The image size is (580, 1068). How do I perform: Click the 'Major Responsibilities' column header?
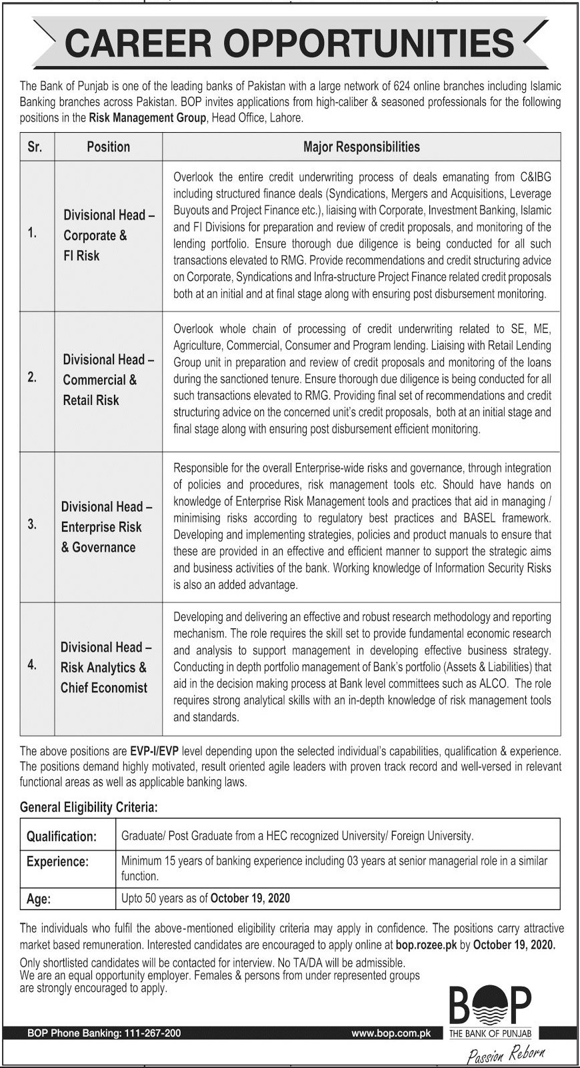pyautogui.click(x=361, y=147)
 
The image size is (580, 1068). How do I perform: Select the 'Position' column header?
pyautogui.click(x=108, y=147)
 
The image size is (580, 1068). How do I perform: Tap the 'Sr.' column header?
pyautogui.click(x=35, y=147)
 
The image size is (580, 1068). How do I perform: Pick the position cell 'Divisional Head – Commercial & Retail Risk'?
pyautogui.click(x=109, y=380)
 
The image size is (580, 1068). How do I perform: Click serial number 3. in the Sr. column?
pyautogui.click(x=32, y=524)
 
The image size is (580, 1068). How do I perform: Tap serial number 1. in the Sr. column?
pyautogui.click(x=32, y=233)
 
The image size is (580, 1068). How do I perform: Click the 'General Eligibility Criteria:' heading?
pyautogui.click(x=89, y=807)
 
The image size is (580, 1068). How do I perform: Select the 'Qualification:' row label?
pyautogui.click(x=61, y=837)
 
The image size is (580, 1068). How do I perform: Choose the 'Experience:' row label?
pyautogui.click(x=57, y=861)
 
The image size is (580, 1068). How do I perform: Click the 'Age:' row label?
pyautogui.click(x=38, y=899)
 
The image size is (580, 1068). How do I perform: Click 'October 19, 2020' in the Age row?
pyautogui.click(x=250, y=898)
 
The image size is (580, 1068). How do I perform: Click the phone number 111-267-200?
pyautogui.click(x=153, y=1033)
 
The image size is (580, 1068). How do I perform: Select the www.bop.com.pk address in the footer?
pyautogui.click(x=391, y=1033)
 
